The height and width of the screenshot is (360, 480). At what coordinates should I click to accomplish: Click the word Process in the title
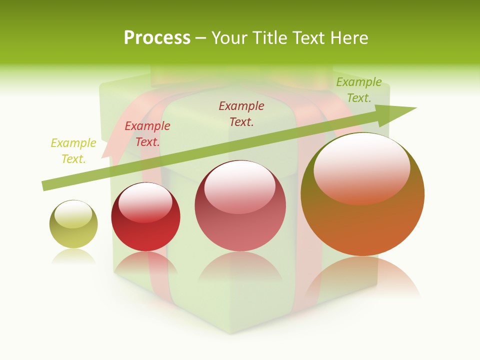(x=157, y=38)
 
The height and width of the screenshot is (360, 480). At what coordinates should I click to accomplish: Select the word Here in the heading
(x=348, y=38)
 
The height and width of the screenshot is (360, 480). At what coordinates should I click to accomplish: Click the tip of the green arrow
(x=415, y=108)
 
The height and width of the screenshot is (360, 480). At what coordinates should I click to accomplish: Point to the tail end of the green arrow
(x=44, y=186)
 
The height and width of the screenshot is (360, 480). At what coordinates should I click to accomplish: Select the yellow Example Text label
(x=73, y=151)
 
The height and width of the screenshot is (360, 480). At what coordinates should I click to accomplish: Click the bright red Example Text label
(x=147, y=134)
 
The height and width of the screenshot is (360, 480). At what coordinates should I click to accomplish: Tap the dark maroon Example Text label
(x=241, y=113)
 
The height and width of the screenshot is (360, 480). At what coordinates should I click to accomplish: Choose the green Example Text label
(x=359, y=90)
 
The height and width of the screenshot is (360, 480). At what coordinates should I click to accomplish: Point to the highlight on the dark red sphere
(x=145, y=201)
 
